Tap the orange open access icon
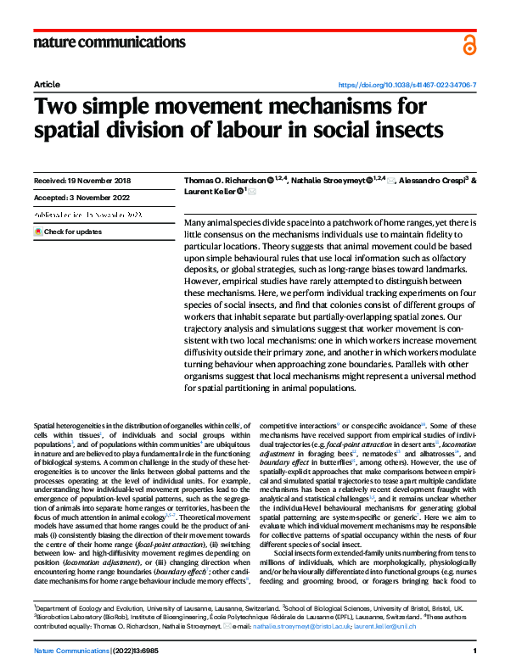[469, 45]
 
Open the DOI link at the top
[407, 86]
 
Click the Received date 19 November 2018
[83, 182]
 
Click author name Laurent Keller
[210, 193]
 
